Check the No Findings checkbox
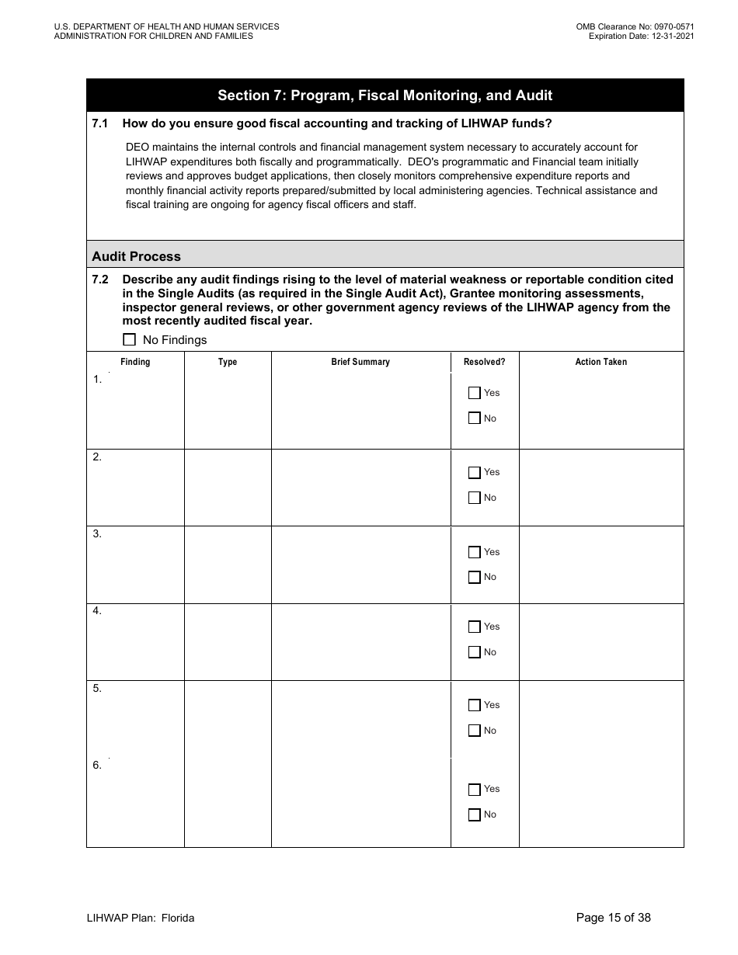click(130, 339)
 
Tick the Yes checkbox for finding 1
click(475, 393)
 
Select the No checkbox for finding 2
click(475, 498)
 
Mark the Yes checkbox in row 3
click(475, 552)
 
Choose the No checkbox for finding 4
click(475, 652)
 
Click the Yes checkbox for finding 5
click(475, 705)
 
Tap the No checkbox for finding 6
click(475, 814)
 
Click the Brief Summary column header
click(360, 362)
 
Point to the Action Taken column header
click(600, 362)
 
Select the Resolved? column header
click(484, 362)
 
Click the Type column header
click(228, 362)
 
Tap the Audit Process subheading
click(136, 256)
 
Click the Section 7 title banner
click(385, 95)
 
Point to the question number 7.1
click(100, 123)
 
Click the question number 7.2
click(100, 280)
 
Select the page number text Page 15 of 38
click(613, 918)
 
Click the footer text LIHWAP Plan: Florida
click(141, 918)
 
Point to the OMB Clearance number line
click(635, 26)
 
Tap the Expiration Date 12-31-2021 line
click(641, 36)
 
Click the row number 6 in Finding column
click(97, 766)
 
